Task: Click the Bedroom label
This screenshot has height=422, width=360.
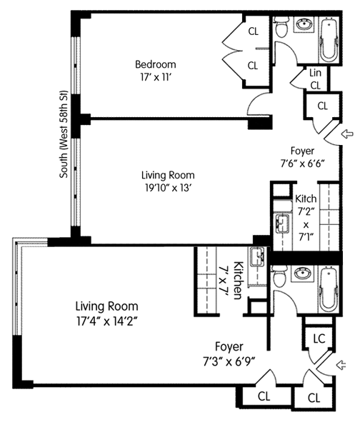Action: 156,64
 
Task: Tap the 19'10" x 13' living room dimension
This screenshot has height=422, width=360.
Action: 169,188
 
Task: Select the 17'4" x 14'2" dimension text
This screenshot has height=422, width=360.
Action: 107,321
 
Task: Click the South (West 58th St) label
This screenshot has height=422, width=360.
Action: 64,134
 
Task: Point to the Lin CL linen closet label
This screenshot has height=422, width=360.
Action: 315,79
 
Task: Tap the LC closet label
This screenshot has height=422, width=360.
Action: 319,338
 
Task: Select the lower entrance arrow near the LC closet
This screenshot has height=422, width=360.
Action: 341,365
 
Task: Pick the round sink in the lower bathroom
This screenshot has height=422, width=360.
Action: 304,273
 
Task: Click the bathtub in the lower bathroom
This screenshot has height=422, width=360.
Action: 329,289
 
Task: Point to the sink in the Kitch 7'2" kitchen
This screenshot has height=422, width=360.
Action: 281,223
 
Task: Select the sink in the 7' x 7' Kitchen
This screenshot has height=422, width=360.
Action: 258,257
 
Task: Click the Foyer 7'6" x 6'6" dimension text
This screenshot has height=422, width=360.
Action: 302,164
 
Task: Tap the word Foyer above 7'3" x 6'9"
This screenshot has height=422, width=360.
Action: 229,346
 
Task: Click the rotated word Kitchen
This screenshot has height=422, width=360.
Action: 237,280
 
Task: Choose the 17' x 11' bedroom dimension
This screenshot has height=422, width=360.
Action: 156,78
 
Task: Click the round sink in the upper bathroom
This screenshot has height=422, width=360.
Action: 305,25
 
